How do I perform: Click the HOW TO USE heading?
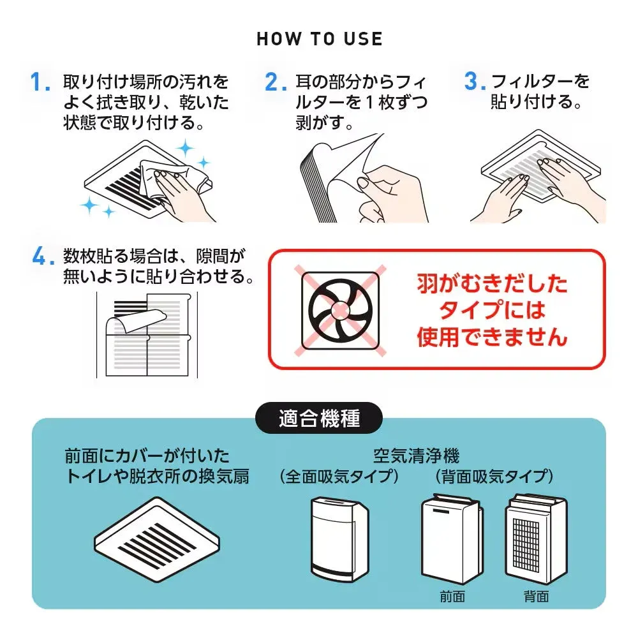click(x=319, y=39)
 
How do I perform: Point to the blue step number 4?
click(x=41, y=257)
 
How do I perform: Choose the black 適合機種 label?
click(x=319, y=419)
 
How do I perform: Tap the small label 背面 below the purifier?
click(x=535, y=597)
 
